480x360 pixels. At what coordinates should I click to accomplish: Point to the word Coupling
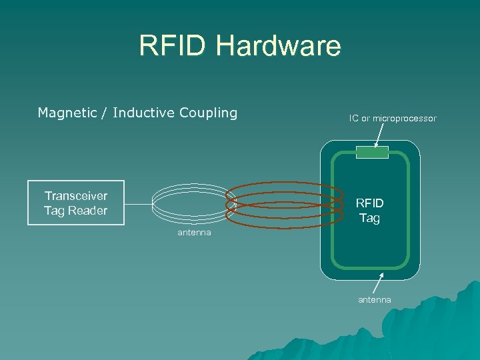(208, 113)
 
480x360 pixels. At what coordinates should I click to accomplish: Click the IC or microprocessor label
(393, 118)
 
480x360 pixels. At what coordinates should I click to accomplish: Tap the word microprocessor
(405, 118)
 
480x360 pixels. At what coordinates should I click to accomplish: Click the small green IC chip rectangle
(371, 153)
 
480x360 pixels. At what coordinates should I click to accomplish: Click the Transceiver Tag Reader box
(76, 203)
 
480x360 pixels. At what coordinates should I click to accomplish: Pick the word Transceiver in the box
(76, 196)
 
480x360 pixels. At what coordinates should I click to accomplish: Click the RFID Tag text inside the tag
(369, 211)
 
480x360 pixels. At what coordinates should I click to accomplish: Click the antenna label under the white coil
(194, 232)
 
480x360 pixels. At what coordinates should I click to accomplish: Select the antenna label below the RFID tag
(375, 300)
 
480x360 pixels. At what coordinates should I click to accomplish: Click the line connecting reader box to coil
(138, 203)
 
